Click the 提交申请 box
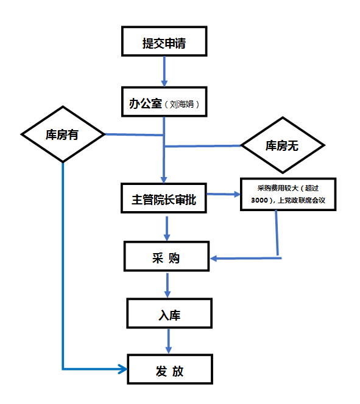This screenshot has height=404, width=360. click(164, 41)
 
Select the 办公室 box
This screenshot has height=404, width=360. click(164, 102)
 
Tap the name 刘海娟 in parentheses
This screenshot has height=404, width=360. click(182, 104)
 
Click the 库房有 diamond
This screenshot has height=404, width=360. click(63, 134)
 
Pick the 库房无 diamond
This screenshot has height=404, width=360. click(283, 145)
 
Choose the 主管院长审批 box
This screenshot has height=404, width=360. click(164, 198)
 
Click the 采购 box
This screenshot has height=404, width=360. click(166, 256)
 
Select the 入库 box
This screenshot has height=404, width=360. click(169, 313)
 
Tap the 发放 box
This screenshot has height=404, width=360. click(170, 369)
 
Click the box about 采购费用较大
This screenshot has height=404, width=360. click(288, 194)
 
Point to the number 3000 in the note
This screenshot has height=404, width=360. click(259, 200)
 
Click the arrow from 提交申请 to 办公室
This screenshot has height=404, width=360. click(164, 72)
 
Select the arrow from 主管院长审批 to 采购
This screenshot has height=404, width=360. click(167, 229)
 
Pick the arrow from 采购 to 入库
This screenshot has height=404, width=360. click(168, 285)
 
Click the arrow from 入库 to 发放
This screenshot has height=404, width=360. click(168, 341)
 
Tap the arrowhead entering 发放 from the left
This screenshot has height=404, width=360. click(123, 369)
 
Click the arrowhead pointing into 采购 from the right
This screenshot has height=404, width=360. click(214, 258)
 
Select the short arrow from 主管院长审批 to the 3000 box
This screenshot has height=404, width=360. click(224, 194)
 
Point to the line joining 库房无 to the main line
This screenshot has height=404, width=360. click(203, 146)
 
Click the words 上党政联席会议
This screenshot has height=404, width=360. click(301, 200)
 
